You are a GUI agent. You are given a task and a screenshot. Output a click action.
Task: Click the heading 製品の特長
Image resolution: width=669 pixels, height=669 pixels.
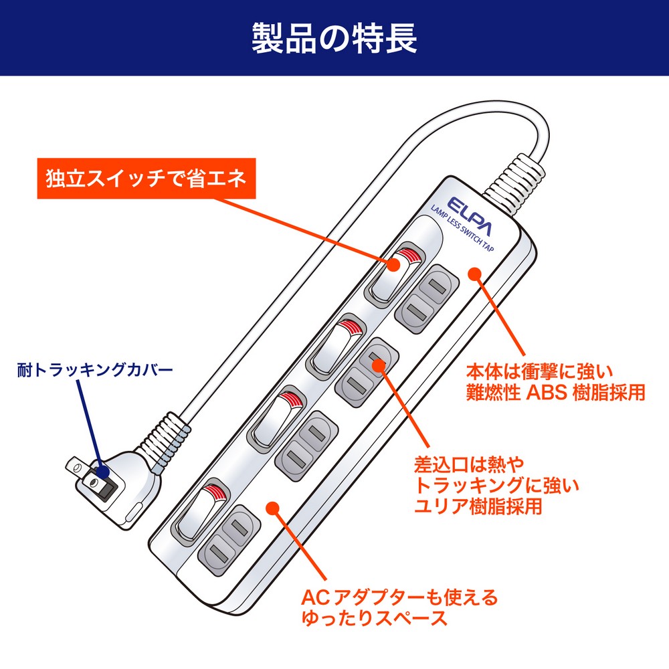click(334, 38)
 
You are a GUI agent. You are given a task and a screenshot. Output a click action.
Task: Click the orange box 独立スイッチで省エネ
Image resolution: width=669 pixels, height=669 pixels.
click(146, 179)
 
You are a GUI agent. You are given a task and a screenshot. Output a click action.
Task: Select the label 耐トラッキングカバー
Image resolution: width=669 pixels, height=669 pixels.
click(95, 369)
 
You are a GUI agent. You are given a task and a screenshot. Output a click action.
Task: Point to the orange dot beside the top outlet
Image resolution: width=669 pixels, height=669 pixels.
click(474, 274)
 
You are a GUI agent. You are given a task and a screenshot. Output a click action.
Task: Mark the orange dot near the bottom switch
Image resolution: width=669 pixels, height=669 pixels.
click(272, 507)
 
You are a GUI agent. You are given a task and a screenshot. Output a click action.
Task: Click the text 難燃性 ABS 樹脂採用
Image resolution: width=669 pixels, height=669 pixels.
click(555, 392)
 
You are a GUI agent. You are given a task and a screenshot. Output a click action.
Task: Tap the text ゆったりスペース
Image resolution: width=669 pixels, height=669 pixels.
click(374, 617)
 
